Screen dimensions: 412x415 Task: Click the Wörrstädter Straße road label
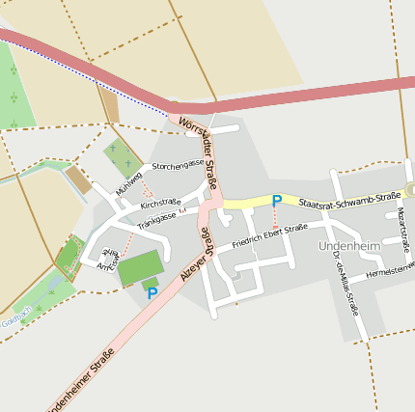tap(200, 152)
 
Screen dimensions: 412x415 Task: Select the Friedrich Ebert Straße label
tap(269, 233)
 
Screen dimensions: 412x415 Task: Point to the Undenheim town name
tap(348, 247)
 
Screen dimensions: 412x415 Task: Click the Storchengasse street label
tap(178, 163)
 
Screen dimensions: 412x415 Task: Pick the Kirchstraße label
tap(160, 203)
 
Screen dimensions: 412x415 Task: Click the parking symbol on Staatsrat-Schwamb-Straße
tap(277, 201)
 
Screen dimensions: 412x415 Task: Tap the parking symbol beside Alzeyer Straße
tap(152, 292)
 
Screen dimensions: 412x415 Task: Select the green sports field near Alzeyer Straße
tap(141, 267)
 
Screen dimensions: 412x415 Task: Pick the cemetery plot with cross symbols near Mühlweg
tap(121, 155)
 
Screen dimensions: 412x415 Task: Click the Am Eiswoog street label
tap(106, 258)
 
